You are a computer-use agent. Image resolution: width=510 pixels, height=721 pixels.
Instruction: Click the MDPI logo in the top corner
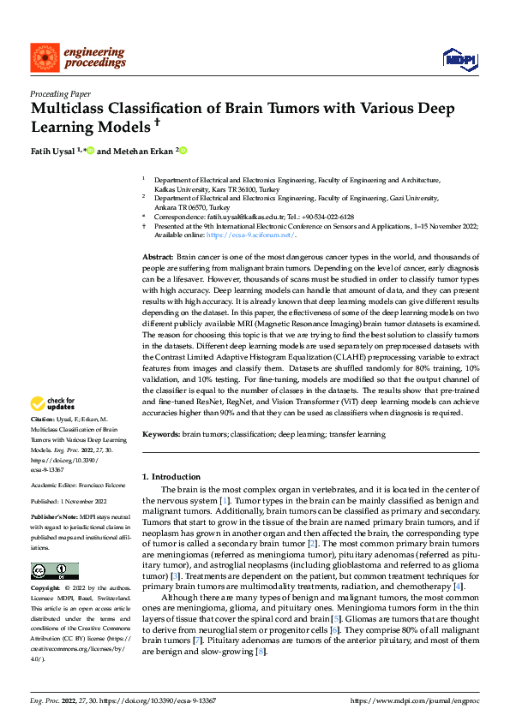(459, 57)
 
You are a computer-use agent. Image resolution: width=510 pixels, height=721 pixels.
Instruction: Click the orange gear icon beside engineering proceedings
(43, 57)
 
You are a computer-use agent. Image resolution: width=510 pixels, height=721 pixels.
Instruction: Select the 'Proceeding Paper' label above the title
(59, 94)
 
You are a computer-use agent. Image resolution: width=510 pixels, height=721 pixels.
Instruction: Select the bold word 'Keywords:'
(159, 435)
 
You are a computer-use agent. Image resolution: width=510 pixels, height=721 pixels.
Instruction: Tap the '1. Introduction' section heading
(171, 477)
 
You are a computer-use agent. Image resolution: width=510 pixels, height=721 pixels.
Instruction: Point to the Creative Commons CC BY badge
(55, 571)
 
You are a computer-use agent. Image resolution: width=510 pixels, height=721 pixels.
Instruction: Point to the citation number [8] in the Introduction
(261, 652)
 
